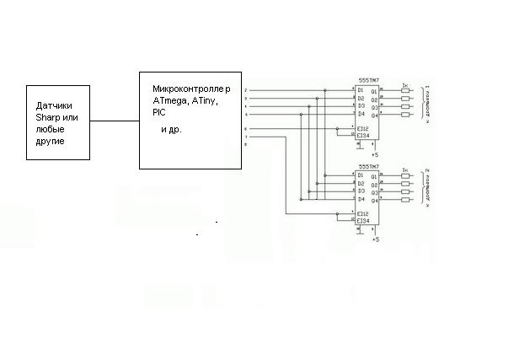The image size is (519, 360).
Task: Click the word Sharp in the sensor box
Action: point(50,118)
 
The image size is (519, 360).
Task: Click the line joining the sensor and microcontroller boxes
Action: point(114,121)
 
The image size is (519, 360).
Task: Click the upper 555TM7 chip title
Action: point(367,83)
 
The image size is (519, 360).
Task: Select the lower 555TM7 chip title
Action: point(367,167)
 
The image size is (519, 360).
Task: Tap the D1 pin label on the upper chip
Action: point(361,90)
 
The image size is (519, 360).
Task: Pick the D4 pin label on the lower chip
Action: point(361,200)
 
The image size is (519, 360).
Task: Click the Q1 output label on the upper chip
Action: point(374,90)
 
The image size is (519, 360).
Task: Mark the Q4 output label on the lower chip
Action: point(374,200)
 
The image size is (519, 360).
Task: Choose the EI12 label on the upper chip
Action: point(362,128)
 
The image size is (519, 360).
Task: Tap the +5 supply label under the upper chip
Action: point(376,155)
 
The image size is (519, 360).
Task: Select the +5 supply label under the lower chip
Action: point(376,239)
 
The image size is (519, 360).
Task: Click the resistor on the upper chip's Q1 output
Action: point(406,90)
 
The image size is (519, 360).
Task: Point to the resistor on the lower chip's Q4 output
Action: point(406,199)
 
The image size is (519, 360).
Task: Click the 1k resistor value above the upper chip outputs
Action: point(405,83)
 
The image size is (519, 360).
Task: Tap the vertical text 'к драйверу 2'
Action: point(427,186)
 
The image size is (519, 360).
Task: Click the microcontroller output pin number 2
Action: point(245,90)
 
